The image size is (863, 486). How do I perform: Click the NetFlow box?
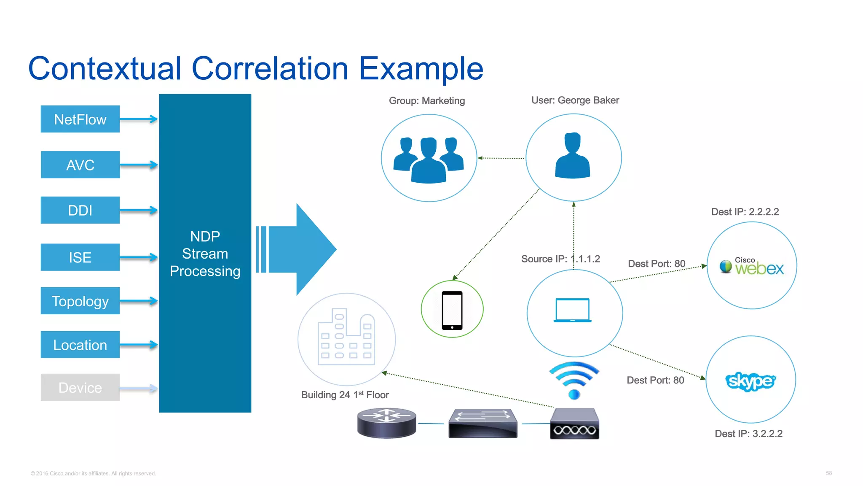(80, 119)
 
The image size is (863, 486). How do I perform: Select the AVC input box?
(80, 165)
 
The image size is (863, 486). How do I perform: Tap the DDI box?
(80, 210)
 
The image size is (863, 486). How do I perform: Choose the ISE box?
(80, 257)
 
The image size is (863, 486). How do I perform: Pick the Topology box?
(80, 301)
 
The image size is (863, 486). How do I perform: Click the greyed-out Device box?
(80, 387)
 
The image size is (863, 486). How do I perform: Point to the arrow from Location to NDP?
(139, 345)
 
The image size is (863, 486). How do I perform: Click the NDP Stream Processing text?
(205, 254)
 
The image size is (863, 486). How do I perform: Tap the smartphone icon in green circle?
(452, 310)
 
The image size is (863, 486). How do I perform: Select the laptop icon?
(572, 310)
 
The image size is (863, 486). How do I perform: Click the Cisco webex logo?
(752, 266)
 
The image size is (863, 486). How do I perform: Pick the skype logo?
(750, 381)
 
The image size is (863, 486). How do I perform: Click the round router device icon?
(386, 423)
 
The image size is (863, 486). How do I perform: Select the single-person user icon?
(573, 156)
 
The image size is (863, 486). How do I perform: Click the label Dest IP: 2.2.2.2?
(745, 212)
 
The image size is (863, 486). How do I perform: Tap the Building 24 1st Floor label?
(345, 395)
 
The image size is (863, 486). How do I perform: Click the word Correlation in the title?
(270, 69)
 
